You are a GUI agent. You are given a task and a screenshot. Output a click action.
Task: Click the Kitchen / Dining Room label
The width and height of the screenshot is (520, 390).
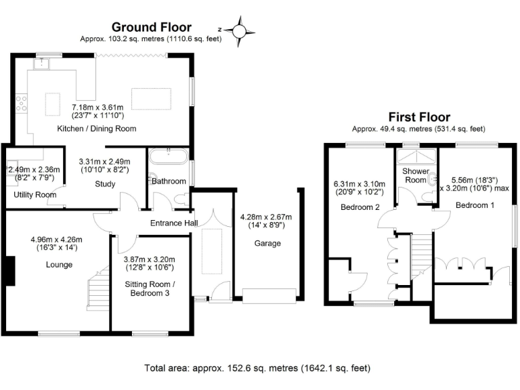coord(104,128)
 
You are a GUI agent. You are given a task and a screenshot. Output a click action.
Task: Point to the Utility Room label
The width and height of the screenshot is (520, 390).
coord(34,194)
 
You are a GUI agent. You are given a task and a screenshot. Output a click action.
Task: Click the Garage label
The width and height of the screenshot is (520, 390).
coord(267,243)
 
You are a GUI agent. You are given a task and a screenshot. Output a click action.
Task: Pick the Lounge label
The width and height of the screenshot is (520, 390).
coord(60,265)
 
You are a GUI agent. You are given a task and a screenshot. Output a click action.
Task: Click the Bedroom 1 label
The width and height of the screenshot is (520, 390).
coord(472,204)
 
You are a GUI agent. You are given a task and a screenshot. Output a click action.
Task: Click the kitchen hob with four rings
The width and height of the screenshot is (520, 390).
coord(22,104)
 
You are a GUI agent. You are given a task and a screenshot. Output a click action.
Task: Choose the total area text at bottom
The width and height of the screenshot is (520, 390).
coord(257,369)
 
